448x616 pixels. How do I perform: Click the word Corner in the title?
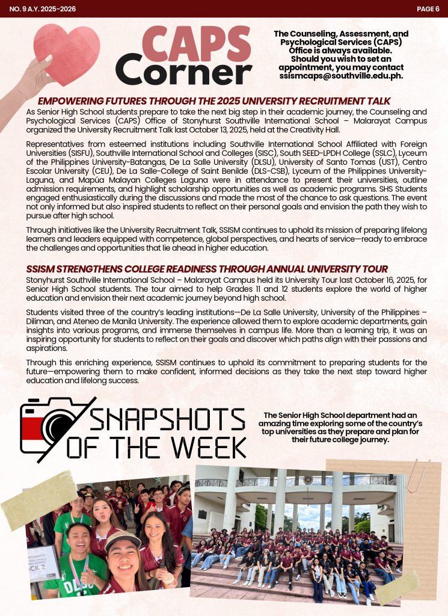183,72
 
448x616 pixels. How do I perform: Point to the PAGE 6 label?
428,8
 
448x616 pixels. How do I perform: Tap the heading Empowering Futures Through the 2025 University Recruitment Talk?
214,101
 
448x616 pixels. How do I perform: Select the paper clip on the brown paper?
416,475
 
